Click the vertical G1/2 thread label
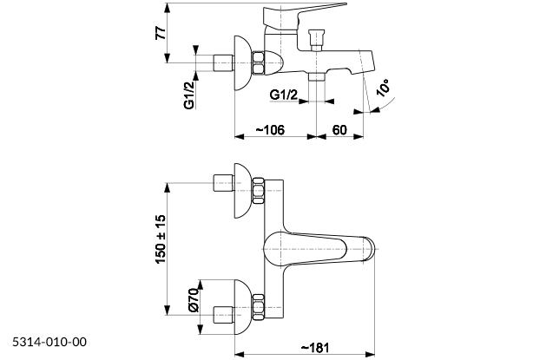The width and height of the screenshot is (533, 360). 188,92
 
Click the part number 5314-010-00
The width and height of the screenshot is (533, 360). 49,342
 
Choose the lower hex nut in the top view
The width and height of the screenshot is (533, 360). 258,307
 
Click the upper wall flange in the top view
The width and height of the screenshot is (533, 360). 240,188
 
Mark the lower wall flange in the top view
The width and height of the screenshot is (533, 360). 240,307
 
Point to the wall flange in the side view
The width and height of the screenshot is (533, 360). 241,62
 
